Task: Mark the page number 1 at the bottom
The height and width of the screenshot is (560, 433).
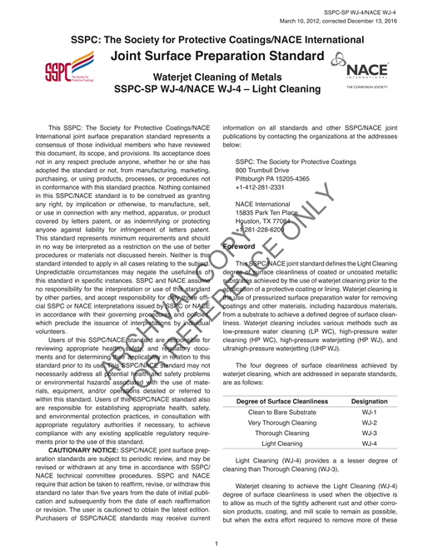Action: [216, 545]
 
